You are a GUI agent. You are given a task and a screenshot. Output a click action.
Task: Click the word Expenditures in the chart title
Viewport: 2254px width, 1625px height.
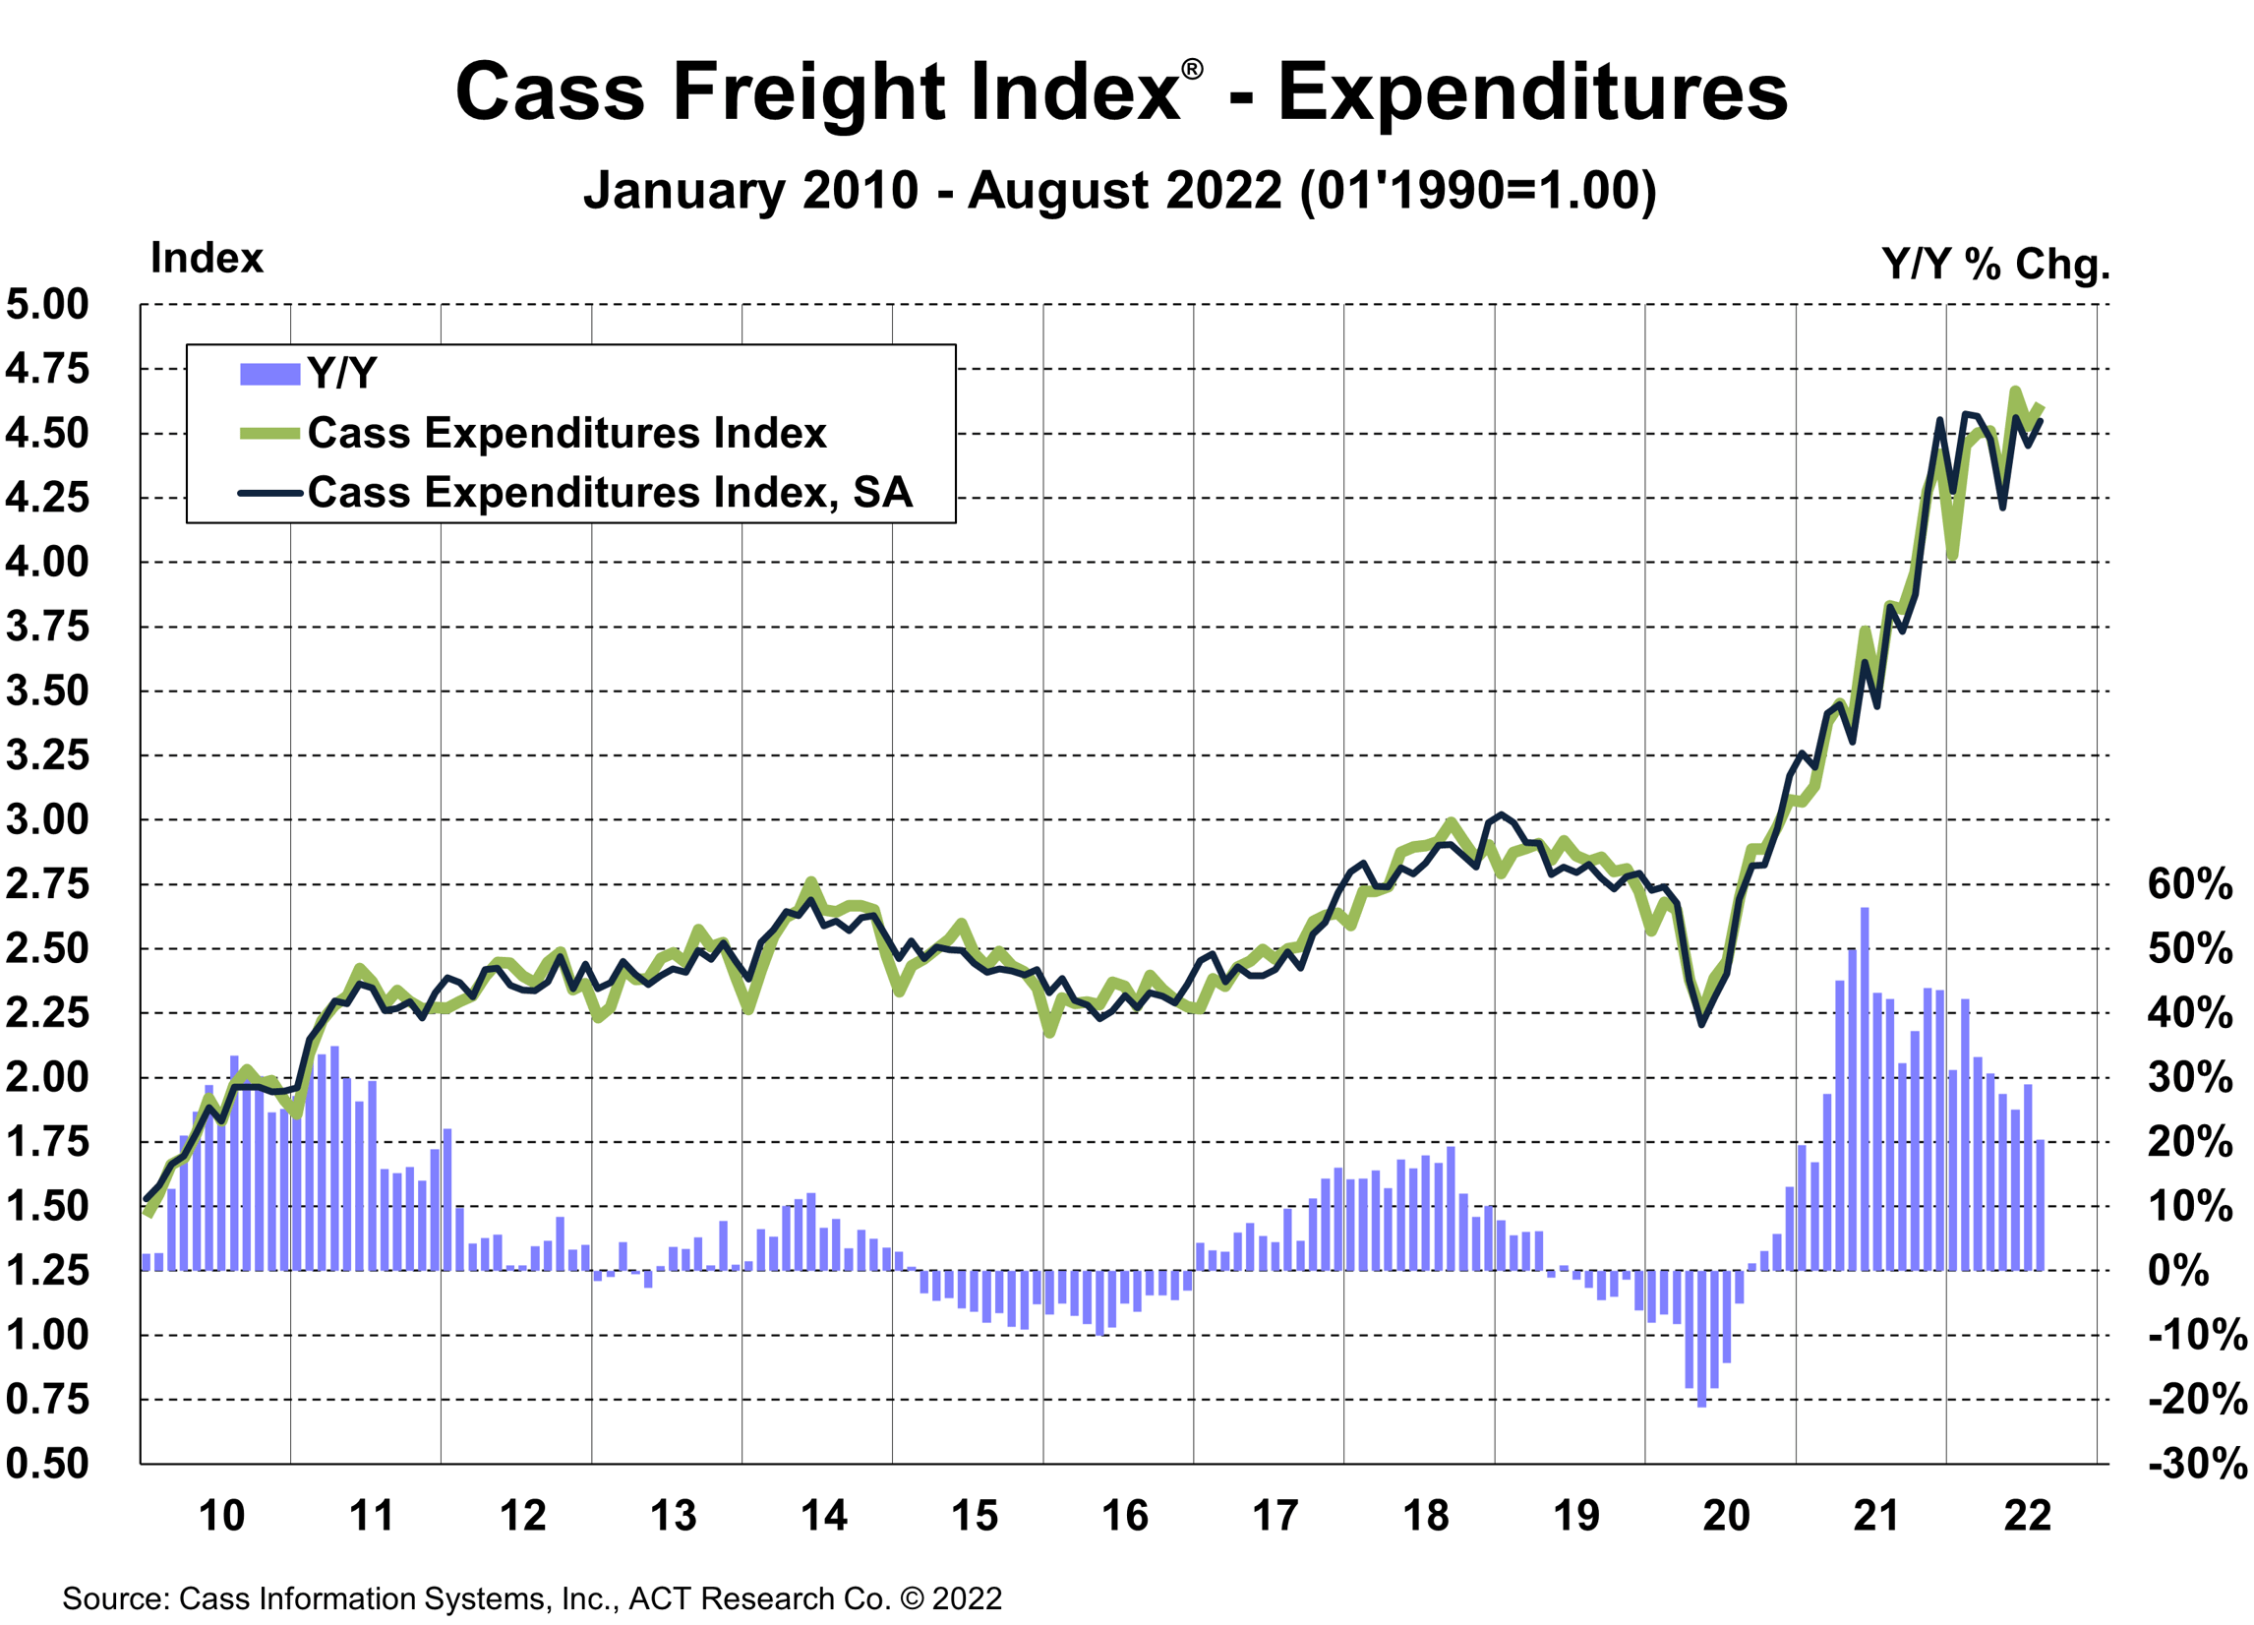tap(1532, 91)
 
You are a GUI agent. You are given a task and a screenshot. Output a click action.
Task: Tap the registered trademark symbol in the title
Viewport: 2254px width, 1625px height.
tap(1192, 70)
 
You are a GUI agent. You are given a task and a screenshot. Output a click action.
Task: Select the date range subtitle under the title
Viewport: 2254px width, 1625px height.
tap(1120, 190)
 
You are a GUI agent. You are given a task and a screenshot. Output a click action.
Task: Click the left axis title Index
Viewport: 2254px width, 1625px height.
tap(207, 259)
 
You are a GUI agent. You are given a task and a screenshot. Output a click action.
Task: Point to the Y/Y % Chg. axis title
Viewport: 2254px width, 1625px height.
tap(1995, 264)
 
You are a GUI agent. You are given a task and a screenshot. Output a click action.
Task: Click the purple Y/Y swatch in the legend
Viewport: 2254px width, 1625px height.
tap(269, 374)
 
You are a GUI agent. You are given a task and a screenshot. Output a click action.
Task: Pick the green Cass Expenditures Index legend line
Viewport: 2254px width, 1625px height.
tap(269, 434)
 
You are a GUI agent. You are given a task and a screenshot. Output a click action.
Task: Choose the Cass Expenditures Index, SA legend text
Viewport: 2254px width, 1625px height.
tap(609, 492)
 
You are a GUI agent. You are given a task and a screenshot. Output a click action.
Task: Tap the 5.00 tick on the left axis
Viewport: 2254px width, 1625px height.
tap(48, 304)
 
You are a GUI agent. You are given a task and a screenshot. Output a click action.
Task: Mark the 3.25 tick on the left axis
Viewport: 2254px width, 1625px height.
tap(48, 755)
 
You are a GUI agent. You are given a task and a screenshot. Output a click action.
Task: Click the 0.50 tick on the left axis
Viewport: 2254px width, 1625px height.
tap(48, 1463)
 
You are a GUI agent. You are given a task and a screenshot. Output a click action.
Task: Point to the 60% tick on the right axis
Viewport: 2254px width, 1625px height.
tap(2189, 883)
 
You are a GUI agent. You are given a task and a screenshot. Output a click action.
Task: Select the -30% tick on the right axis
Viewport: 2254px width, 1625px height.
tap(2197, 1463)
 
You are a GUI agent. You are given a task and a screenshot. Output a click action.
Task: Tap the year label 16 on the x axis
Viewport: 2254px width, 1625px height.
tap(1125, 1516)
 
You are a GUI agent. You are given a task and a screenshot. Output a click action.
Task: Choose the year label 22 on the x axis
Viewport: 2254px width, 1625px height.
tap(2028, 1516)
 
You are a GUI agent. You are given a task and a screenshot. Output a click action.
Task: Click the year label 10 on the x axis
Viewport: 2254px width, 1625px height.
tap(221, 1516)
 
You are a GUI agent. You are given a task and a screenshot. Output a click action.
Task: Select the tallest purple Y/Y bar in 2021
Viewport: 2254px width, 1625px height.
tap(1865, 1088)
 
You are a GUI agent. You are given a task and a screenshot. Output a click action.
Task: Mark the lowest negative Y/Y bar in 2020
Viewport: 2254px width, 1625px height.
tap(1701, 1338)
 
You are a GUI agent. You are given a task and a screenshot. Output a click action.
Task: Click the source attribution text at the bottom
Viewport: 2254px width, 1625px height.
tap(532, 1598)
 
